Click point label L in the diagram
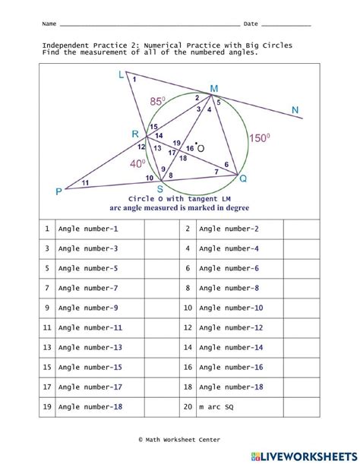[x=122, y=74]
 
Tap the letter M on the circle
[x=213, y=89]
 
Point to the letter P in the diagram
[x=58, y=192]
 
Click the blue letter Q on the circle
[x=243, y=179]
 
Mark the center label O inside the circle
[x=201, y=149]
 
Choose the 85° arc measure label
[x=157, y=100]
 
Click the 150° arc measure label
[x=260, y=138]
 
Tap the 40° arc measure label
[x=137, y=163]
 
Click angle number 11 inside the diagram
[x=84, y=182]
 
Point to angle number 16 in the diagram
[x=190, y=148]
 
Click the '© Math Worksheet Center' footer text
[x=179, y=439]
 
